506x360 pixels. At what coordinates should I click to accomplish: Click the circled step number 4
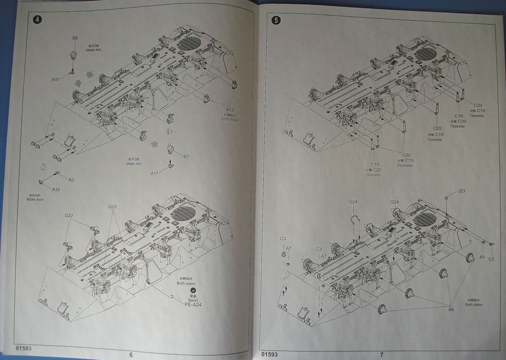[38, 19]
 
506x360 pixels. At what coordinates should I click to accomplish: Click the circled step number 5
[276, 20]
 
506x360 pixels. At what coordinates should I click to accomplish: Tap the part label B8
[75, 38]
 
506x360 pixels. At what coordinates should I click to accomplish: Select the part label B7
[186, 156]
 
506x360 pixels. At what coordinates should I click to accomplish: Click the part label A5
[71, 179]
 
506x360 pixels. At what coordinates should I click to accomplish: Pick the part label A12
[56, 190]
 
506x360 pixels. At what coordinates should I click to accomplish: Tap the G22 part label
[69, 215]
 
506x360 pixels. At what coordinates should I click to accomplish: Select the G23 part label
[113, 206]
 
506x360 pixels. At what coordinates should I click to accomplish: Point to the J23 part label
[462, 192]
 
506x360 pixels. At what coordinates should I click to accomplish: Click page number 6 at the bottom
[130, 354]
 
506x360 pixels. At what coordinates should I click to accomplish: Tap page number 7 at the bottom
[381, 353]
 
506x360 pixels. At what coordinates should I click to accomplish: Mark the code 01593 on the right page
[269, 353]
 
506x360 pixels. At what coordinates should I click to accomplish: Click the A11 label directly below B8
[55, 79]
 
